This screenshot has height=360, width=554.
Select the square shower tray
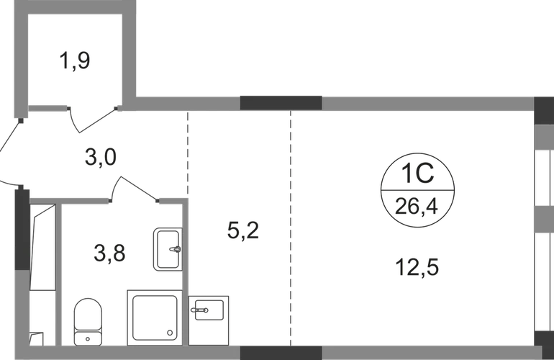point(153,315)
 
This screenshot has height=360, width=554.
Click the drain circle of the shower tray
point(169,333)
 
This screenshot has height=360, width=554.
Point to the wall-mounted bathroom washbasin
point(165,249)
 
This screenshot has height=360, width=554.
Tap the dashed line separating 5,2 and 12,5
point(291,230)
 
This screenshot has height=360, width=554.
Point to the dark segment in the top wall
point(281,102)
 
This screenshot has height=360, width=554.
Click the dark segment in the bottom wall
point(281,353)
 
